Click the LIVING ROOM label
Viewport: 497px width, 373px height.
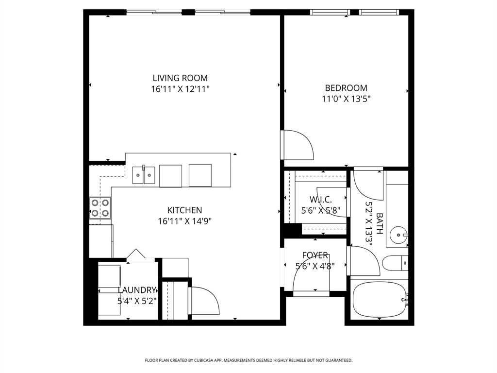(x=180, y=78)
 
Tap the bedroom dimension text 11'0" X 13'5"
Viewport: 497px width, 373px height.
(x=346, y=99)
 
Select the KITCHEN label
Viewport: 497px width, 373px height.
(x=184, y=210)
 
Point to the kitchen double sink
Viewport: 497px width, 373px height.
(x=144, y=175)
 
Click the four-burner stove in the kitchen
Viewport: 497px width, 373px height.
(x=100, y=208)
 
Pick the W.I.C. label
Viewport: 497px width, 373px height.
(x=321, y=199)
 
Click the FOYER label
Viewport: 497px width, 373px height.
(x=315, y=255)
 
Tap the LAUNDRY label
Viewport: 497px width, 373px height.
(x=137, y=290)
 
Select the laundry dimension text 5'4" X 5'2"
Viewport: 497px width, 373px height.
(x=137, y=301)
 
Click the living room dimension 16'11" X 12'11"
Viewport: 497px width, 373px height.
(x=180, y=89)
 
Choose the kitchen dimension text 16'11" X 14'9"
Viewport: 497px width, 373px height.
(x=184, y=221)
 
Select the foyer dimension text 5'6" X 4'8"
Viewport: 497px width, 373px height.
(x=315, y=266)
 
